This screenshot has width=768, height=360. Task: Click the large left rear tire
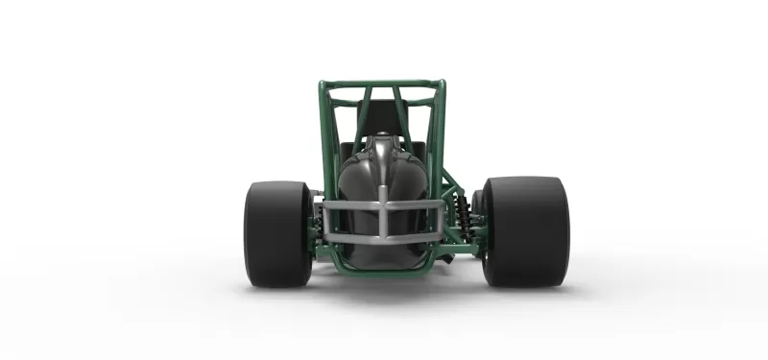click(x=276, y=233)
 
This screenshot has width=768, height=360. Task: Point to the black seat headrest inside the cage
click(x=383, y=117)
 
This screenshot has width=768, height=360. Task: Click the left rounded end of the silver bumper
click(x=324, y=219)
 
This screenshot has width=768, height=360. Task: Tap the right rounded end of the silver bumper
click(x=442, y=219)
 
